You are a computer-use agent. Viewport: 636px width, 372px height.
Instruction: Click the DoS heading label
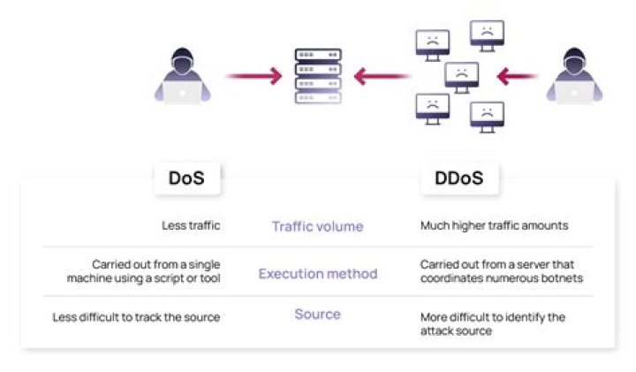186,178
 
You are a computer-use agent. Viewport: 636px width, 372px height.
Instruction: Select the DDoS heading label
458,178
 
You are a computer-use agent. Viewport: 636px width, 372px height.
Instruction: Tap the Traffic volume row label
317,226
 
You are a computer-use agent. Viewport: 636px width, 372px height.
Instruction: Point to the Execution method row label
317,274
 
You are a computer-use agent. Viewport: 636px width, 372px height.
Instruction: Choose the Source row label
317,315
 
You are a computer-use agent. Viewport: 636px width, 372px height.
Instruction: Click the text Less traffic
191,226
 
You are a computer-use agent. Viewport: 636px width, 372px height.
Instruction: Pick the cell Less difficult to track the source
136,317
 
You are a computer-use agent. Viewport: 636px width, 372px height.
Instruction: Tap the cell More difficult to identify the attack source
492,323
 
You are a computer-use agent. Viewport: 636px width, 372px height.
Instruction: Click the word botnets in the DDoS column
564,279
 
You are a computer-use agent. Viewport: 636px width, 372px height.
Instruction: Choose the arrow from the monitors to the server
382,77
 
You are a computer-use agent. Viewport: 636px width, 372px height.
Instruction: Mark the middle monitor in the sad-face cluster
460,76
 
